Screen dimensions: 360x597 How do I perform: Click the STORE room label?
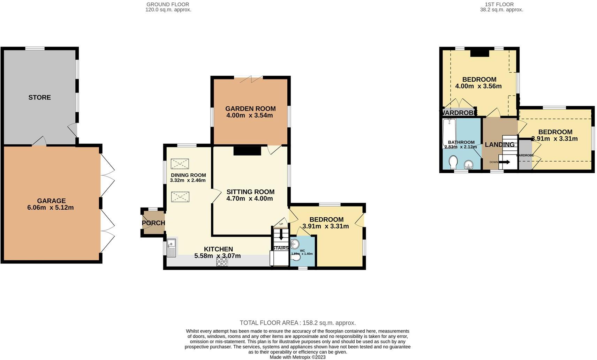pyautogui.click(x=39, y=97)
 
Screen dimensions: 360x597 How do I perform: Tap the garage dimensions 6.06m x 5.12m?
pyautogui.click(x=50, y=208)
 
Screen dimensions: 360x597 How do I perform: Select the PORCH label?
pyautogui.click(x=153, y=223)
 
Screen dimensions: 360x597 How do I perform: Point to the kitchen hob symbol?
pyautogui.click(x=222, y=262)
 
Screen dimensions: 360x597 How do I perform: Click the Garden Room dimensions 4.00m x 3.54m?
pyautogui.click(x=249, y=115)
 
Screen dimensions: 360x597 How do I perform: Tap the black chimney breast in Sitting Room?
pyautogui.click(x=247, y=151)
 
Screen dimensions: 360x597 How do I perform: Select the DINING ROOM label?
pyautogui.click(x=188, y=175)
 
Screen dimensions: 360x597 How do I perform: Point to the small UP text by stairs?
pyautogui.click(x=281, y=224)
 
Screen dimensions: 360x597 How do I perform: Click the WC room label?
pyautogui.click(x=302, y=250)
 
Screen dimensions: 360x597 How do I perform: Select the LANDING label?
pyautogui.click(x=499, y=144)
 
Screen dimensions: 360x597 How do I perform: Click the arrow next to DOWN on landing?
pyautogui.click(x=505, y=162)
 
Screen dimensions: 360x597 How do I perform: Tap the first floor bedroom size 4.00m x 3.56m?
pyautogui.click(x=478, y=86)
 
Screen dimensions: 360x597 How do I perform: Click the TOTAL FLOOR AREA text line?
pyautogui.click(x=297, y=323)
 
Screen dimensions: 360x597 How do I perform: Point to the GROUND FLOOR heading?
pyautogui.click(x=168, y=5)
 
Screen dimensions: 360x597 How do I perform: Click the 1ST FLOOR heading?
pyautogui.click(x=501, y=5)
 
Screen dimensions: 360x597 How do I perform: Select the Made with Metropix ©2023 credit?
pyautogui.click(x=297, y=357)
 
